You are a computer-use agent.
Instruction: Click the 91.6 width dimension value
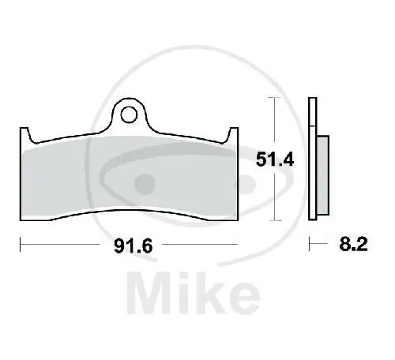[x=133, y=246]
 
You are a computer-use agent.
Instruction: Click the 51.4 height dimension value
[x=275, y=159]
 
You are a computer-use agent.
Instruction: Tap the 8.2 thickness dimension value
[x=353, y=244]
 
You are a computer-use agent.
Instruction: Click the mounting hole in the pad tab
[x=129, y=114]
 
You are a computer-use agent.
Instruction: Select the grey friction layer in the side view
[x=323, y=175]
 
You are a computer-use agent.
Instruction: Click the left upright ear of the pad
[x=25, y=135]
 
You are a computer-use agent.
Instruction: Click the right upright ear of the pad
[x=233, y=135]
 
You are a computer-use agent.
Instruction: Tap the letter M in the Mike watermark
[x=149, y=293]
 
